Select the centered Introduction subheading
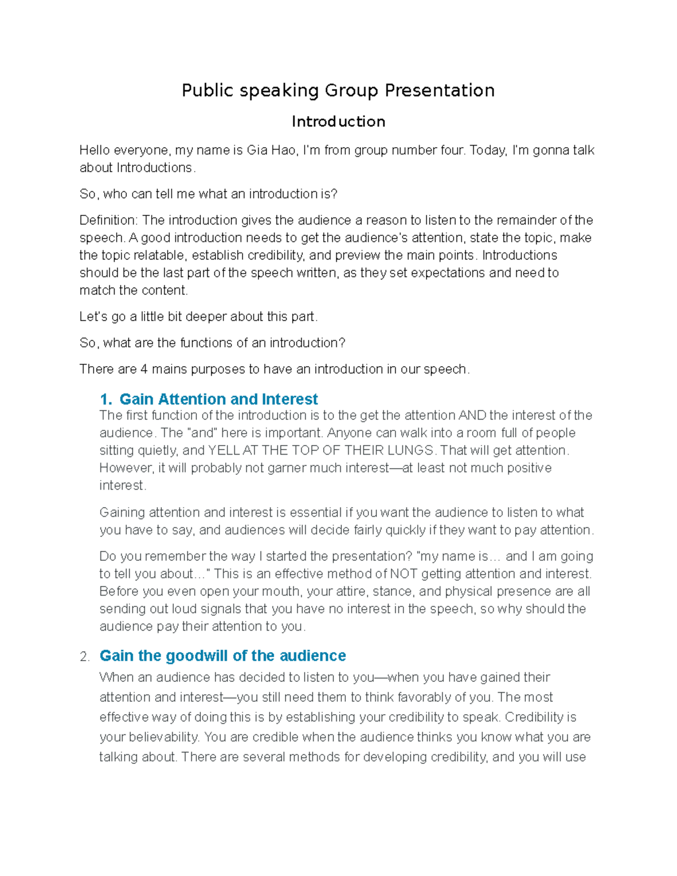(338, 121)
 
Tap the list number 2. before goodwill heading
(85, 657)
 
